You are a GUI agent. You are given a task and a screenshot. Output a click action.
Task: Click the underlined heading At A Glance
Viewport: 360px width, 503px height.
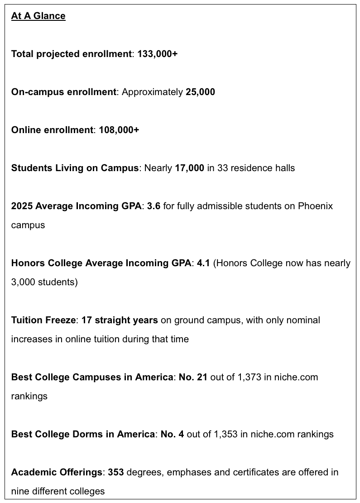coord(38,16)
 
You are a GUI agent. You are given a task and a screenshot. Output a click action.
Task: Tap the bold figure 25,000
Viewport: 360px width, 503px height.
coord(200,92)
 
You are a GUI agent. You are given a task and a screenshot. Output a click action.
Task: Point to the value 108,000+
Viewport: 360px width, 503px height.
coord(119,130)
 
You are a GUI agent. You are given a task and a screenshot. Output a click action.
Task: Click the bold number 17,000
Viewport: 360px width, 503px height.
coord(189,168)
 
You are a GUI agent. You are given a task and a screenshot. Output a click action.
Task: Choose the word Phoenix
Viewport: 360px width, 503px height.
coord(315,206)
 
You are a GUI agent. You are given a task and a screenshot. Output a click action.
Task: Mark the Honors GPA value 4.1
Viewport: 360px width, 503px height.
coord(203,263)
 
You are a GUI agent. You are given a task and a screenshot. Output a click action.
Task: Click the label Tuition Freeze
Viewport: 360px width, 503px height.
coord(43,320)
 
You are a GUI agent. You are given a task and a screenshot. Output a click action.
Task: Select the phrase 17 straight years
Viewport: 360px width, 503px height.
coord(120,320)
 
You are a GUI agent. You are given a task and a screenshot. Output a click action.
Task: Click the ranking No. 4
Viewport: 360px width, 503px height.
coord(172,434)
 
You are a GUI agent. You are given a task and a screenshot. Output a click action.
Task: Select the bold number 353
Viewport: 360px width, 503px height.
coord(116,472)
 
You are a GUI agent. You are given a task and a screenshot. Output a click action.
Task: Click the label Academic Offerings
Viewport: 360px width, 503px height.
coord(57,472)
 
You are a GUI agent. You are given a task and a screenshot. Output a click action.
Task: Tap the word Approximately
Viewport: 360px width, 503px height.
coord(152,92)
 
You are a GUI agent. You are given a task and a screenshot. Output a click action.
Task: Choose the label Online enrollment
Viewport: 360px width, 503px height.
coord(52,130)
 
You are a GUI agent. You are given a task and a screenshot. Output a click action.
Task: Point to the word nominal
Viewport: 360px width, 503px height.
coord(303,320)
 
